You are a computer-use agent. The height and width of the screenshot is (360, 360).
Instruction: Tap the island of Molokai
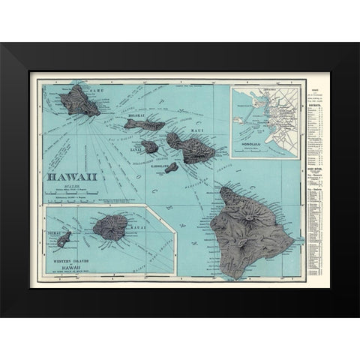tap(143, 123)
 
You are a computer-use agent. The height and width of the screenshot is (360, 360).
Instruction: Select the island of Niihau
tap(64, 241)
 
